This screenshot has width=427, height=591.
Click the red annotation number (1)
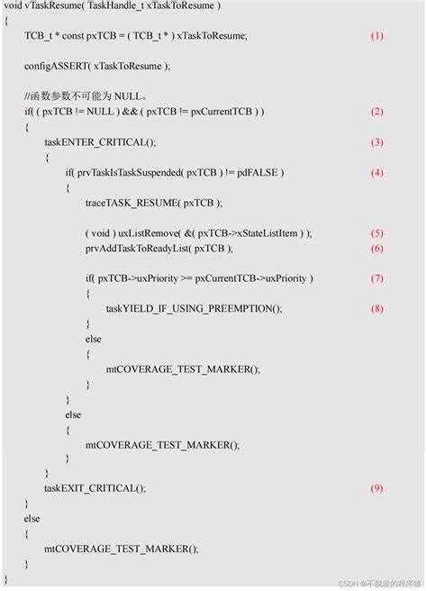pos(377,35)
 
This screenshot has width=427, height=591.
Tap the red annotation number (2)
pos(377,112)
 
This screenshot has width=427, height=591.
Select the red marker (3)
pos(377,142)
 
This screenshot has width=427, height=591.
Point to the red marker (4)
pos(377,172)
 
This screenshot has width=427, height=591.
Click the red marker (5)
pos(377,232)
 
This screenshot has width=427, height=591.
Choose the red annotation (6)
pos(377,248)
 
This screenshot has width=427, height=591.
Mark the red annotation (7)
pos(377,278)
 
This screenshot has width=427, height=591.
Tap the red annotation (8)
pos(377,308)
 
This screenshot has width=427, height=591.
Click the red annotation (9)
pos(377,487)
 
